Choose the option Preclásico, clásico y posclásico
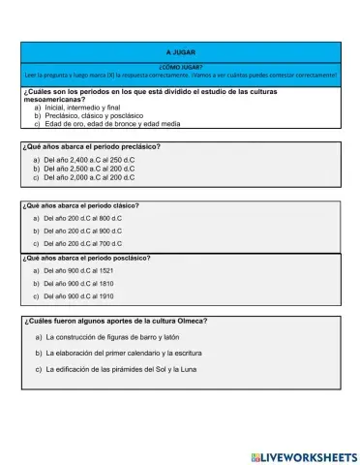(94, 115)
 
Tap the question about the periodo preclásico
(91, 146)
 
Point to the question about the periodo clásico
(80, 205)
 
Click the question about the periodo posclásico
(84, 259)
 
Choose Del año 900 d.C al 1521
(79, 271)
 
